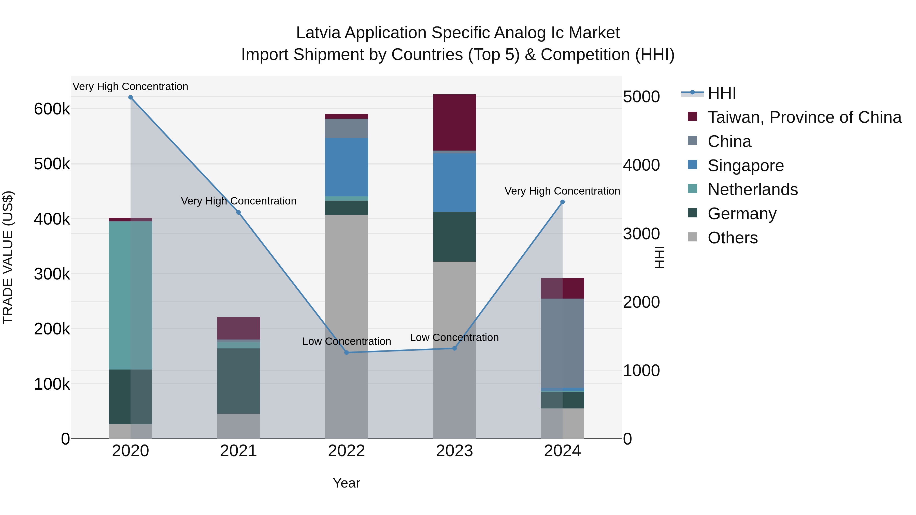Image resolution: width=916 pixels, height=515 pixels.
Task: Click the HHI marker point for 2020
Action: pos(131,97)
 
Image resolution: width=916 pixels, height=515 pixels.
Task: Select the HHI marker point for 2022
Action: pos(347,352)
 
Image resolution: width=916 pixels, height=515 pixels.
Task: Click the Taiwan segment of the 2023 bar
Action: pos(454,122)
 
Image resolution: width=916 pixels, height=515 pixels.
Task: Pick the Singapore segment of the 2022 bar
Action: pos(347,167)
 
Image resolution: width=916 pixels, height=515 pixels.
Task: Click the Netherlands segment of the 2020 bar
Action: pos(131,295)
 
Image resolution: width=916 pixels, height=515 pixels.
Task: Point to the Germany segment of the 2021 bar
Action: pos(239,381)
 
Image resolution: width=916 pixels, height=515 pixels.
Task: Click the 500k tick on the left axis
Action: pos(52,164)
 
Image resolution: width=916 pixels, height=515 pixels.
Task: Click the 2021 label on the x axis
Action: pos(239,451)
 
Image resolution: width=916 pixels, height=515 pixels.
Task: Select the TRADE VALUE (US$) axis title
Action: pos(8,257)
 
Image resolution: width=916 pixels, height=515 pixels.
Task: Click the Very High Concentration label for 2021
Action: pos(239,201)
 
